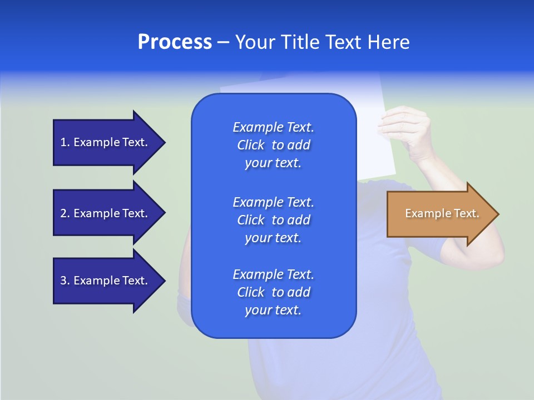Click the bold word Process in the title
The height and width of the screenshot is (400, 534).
click(175, 42)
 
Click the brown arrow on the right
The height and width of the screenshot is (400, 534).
click(439, 214)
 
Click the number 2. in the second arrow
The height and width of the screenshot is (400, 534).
click(65, 213)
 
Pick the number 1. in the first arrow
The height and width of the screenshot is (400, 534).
click(65, 143)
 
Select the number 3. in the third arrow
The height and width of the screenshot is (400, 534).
click(65, 281)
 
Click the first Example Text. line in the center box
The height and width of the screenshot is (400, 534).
click(273, 127)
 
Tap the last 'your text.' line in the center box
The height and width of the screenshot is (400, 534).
click(273, 310)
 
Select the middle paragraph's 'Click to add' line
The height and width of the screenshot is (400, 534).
click(273, 220)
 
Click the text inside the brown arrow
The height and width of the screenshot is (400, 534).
click(442, 213)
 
